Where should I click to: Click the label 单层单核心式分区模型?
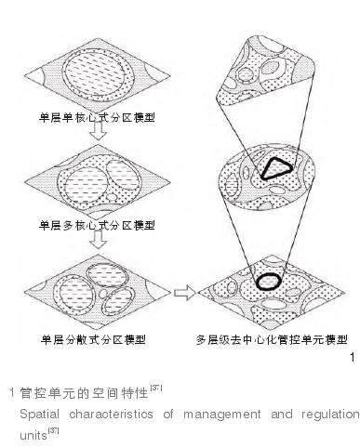click(x=97, y=117)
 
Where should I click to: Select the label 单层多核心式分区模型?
click(x=97, y=225)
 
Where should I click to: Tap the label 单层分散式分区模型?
click(x=93, y=340)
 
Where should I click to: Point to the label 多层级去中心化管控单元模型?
click(x=272, y=340)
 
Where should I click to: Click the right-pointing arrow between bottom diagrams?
click(x=185, y=293)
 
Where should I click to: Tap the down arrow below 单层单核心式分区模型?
click(x=98, y=131)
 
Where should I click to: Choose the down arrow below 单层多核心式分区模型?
click(x=98, y=240)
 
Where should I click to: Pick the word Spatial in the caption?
click(x=39, y=415)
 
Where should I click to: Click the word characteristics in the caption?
click(x=111, y=414)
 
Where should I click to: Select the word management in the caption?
click(x=222, y=415)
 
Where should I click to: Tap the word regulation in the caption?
click(x=330, y=415)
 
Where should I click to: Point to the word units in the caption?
click(x=33, y=435)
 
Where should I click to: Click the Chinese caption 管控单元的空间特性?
click(x=84, y=393)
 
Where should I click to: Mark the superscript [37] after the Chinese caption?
click(x=155, y=389)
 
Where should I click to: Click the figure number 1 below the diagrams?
click(x=353, y=357)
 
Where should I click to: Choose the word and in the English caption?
click(x=282, y=414)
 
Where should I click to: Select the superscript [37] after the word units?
click(x=53, y=431)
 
